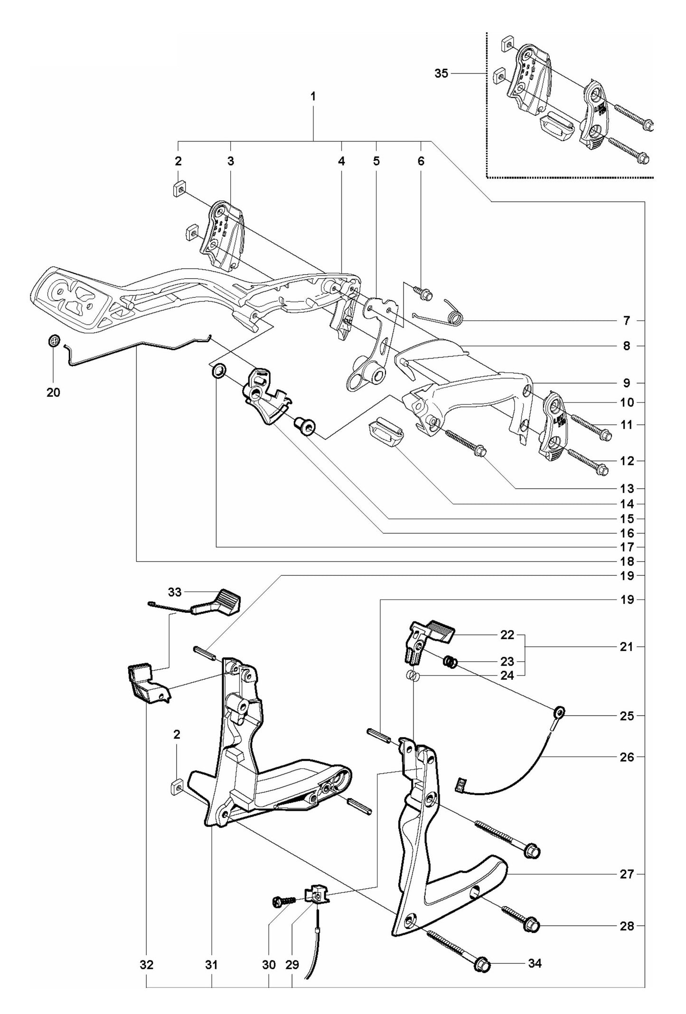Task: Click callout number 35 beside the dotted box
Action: (x=441, y=74)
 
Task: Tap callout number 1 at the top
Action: (x=313, y=96)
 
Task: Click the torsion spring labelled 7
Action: (x=453, y=314)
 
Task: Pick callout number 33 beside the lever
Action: (x=175, y=592)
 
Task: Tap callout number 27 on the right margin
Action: (x=627, y=873)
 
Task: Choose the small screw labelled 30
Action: (x=279, y=900)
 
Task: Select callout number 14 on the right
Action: (x=627, y=504)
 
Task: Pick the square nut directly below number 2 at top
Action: (x=179, y=189)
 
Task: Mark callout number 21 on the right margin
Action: (x=627, y=647)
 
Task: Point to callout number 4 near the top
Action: (x=341, y=161)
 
